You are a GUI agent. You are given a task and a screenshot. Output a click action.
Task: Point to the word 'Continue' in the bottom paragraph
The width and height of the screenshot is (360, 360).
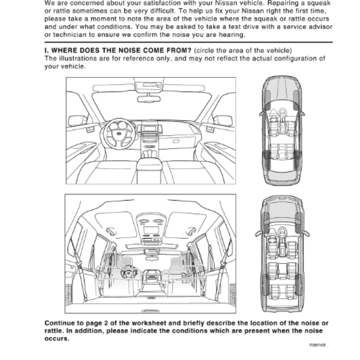click(58, 323)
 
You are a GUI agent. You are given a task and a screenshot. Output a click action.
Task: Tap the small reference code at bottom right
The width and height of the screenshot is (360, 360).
click(317, 346)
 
